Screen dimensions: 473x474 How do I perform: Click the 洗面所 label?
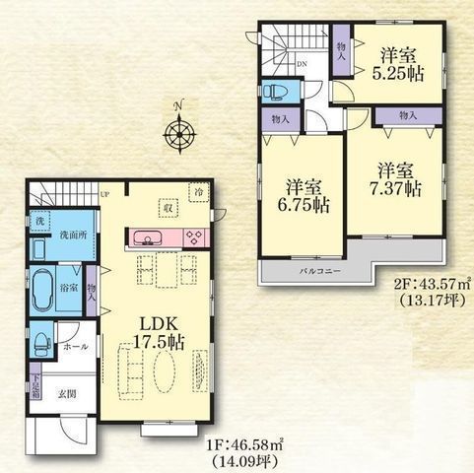tap(69, 236)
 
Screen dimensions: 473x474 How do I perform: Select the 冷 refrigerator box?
tap(198, 192)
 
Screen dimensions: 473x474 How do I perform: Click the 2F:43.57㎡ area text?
tap(429, 284)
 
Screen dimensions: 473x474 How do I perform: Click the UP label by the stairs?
tap(104, 194)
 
